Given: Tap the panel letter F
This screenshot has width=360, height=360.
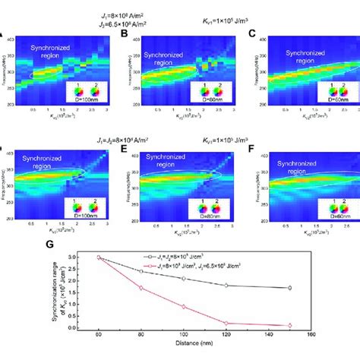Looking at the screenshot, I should pyautogui.click(x=252, y=150).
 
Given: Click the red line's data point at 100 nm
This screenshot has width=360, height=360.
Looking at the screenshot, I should pyautogui.click(x=184, y=306).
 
